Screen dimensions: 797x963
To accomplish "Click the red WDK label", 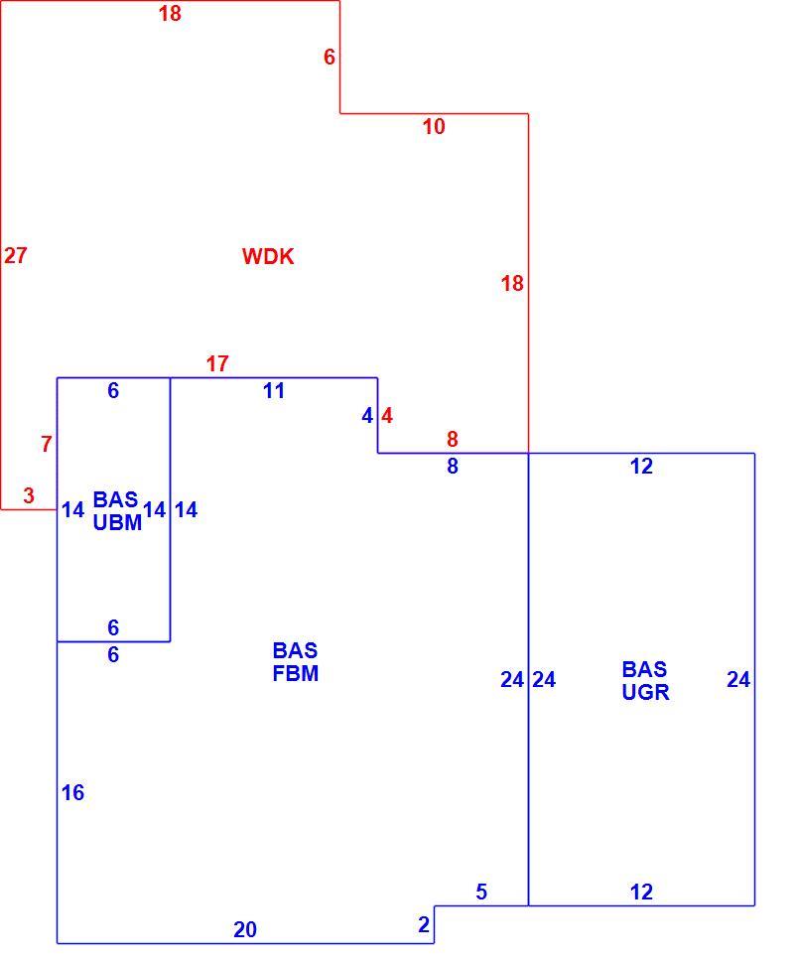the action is pyautogui.click(x=268, y=256).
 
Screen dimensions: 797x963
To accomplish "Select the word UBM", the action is pyautogui.click(x=117, y=522).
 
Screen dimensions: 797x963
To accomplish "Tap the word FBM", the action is pyautogui.click(x=296, y=674).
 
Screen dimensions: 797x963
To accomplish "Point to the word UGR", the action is pyautogui.click(x=645, y=692).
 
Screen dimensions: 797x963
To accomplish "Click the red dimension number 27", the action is pyautogui.click(x=15, y=255).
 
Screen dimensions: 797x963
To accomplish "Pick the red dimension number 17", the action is pyautogui.click(x=217, y=363).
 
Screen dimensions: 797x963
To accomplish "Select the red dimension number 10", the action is pyautogui.click(x=434, y=126).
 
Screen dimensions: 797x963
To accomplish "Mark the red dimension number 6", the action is pyautogui.click(x=330, y=58).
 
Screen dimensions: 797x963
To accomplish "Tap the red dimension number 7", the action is pyautogui.click(x=47, y=444).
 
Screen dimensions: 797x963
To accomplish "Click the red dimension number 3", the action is pyautogui.click(x=29, y=495).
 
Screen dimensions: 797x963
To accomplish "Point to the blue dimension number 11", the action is pyautogui.click(x=274, y=390).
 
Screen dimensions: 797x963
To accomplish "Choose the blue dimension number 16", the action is pyautogui.click(x=72, y=793).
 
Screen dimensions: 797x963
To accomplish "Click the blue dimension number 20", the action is pyautogui.click(x=245, y=930).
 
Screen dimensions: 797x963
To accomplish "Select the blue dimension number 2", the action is pyautogui.click(x=424, y=924).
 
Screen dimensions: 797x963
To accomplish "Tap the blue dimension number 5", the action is pyautogui.click(x=481, y=892).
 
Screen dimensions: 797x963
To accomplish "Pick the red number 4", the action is pyautogui.click(x=387, y=416).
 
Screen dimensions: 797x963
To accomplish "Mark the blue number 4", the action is pyautogui.click(x=367, y=416).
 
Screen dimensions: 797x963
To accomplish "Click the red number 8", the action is pyautogui.click(x=453, y=439).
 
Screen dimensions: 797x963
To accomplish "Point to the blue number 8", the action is pyautogui.click(x=453, y=467).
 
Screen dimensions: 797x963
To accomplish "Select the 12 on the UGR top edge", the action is pyautogui.click(x=641, y=467).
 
